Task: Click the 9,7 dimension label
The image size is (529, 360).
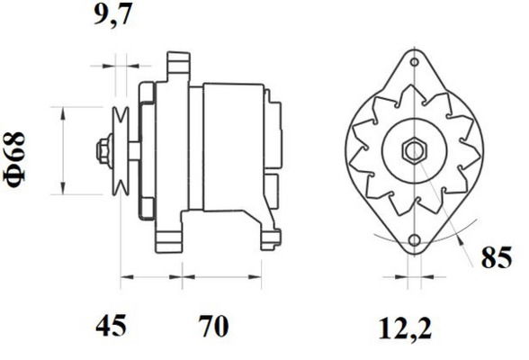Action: click(112, 15)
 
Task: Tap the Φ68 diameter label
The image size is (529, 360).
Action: click(14, 159)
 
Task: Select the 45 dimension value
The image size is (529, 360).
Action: click(111, 326)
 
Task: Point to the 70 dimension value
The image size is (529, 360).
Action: click(213, 326)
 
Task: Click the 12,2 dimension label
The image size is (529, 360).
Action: click(405, 328)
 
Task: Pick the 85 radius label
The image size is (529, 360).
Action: click(497, 257)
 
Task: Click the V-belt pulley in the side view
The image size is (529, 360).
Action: click(121, 151)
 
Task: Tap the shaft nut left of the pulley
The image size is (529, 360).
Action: click(104, 151)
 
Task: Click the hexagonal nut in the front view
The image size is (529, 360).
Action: click(414, 151)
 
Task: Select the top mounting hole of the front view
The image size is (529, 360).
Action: click(415, 62)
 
